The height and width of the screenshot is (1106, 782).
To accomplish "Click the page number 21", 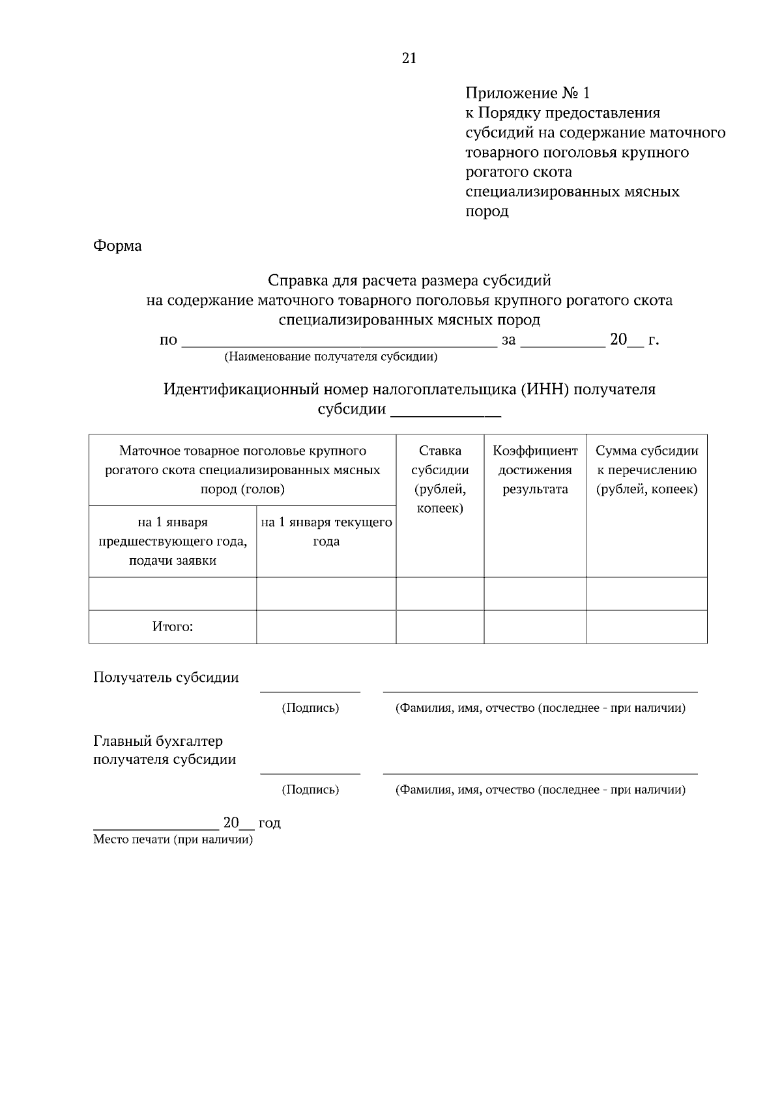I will point(409,59).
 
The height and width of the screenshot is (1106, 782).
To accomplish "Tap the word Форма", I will point(117,246).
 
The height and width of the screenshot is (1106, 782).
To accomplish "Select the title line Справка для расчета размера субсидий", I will point(409,281).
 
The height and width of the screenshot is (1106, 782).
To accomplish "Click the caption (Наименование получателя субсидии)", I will point(330,357).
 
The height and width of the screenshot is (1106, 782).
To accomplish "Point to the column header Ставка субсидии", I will point(440,479).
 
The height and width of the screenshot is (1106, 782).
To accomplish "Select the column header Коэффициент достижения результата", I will point(535,470).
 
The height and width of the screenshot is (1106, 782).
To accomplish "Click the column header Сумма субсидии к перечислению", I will point(646,470).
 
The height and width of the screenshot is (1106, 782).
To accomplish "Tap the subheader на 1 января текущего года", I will point(326,532).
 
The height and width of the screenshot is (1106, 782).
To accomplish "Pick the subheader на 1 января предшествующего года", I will point(173,541).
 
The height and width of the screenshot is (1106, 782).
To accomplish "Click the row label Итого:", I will point(173,627).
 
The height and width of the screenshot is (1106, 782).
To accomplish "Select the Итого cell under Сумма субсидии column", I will point(646,627).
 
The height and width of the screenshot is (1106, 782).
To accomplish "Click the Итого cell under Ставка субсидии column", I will point(440,627).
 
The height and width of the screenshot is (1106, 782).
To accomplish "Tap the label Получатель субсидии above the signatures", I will point(166,677).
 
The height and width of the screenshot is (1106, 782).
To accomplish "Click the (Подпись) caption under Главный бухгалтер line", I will point(310,790).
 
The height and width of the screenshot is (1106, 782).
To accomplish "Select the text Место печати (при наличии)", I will point(173,840).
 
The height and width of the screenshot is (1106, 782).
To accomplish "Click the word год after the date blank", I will point(269,823).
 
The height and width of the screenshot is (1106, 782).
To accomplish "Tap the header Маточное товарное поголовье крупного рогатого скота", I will point(242,470).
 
